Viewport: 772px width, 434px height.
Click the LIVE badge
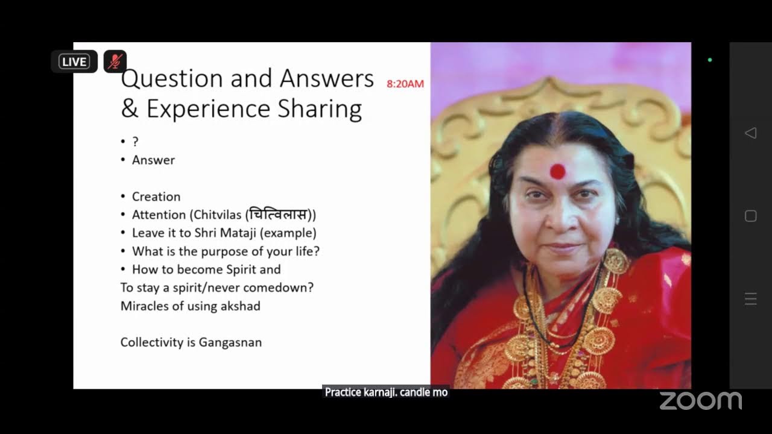pyautogui.click(x=74, y=61)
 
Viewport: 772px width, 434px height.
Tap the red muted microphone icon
pyautogui.click(x=115, y=61)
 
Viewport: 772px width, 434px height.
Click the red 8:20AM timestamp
pyautogui.click(x=405, y=84)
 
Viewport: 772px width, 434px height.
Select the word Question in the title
pyautogui.click(x=163, y=79)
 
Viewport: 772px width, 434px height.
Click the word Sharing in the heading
pyautogui.click(x=320, y=109)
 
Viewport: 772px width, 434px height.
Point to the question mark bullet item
pyautogui.click(x=135, y=142)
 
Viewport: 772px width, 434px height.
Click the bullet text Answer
pyautogui.click(x=153, y=160)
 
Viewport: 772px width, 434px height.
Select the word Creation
pyautogui.click(x=156, y=197)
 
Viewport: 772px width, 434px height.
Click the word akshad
pyautogui.click(x=240, y=306)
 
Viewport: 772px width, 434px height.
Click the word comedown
pyautogui.click(x=275, y=288)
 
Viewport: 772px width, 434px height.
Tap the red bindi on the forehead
pyautogui.click(x=557, y=172)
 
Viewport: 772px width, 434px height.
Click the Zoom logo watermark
pyautogui.click(x=700, y=401)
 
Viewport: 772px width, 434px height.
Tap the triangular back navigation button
pyautogui.click(x=750, y=133)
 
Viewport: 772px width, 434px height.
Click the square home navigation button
pyautogui.click(x=750, y=216)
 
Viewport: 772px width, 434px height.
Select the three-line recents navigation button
pyautogui.click(x=750, y=299)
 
